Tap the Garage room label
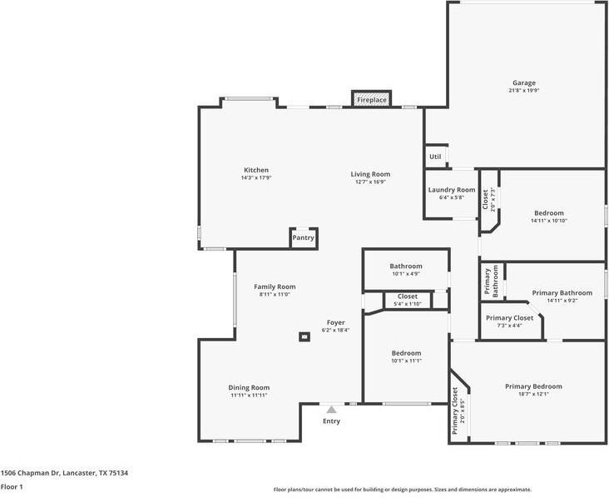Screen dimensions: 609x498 coord(524,82)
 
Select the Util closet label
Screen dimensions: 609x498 coord(435,157)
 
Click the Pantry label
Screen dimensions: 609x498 coord(304,238)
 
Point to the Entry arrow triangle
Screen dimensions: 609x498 coord(331,410)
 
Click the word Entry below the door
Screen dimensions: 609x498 coord(331,421)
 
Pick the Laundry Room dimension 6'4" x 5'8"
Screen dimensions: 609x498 coord(452,197)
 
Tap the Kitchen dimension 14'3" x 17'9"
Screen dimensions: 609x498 coord(256,177)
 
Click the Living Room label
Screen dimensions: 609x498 coord(370,174)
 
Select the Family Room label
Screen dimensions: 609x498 coord(275,286)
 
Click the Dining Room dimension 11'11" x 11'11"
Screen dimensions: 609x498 coord(249,395)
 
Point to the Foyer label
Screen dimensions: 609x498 coord(335,322)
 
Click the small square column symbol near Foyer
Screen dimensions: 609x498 coord(304,336)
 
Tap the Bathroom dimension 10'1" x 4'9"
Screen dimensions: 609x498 coord(406,274)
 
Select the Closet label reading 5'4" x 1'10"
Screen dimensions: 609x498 coord(408,300)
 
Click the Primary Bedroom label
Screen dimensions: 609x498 coord(533,386)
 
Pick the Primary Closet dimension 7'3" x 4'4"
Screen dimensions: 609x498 coord(509,326)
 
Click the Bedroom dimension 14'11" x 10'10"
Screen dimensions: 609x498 coord(549,221)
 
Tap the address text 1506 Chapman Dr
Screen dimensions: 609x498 coord(31,473)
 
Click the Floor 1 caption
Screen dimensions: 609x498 coord(12,486)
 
